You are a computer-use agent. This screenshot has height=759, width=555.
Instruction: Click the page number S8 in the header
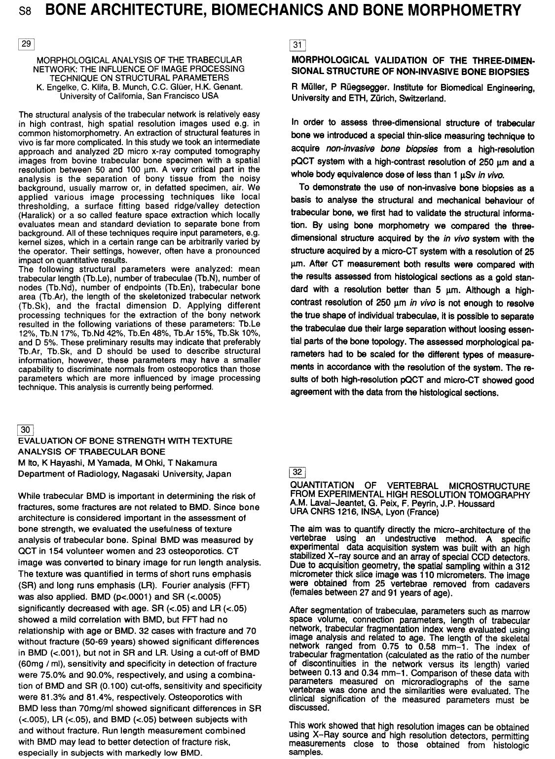point(25,11)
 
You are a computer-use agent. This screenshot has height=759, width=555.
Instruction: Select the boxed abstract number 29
point(26,44)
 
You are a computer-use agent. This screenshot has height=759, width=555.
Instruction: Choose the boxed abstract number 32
point(297,472)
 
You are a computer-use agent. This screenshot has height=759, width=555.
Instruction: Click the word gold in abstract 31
point(502,277)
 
